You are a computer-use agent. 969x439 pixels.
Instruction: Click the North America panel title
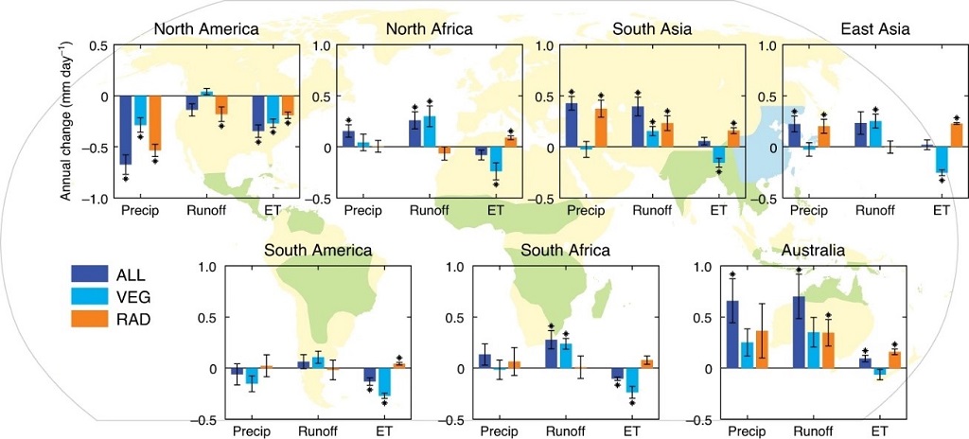click(x=205, y=29)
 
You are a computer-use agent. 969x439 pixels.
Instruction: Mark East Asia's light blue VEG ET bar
click(x=942, y=159)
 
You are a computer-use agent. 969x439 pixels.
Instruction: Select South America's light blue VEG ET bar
click(x=384, y=381)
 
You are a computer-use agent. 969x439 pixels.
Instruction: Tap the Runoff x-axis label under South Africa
click(x=565, y=432)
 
